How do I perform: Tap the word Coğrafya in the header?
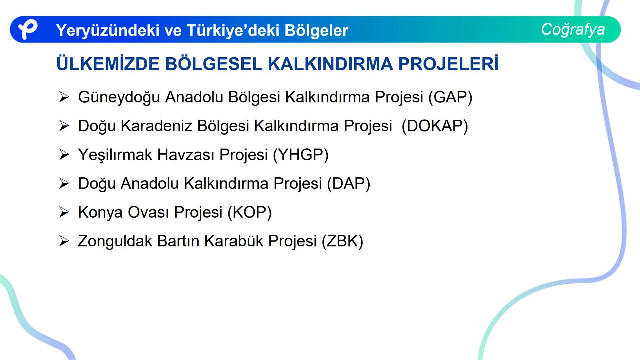point(573,29)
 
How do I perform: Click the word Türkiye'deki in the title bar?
point(233,30)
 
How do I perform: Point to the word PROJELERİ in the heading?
point(448,64)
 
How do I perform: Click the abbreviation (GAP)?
point(450,97)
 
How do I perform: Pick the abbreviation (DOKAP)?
point(435,126)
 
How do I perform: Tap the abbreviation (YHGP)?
point(301,155)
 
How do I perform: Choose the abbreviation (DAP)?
point(349,184)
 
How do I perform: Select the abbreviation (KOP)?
point(250,212)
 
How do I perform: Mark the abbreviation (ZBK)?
point(342,241)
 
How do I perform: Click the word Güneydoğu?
point(119,97)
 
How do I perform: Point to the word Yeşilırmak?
point(115,155)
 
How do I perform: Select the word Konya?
point(100,212)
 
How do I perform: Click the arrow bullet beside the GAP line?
point(64,97)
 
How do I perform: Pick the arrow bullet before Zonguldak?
point(64,241)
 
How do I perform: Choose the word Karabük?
point(234,241)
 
